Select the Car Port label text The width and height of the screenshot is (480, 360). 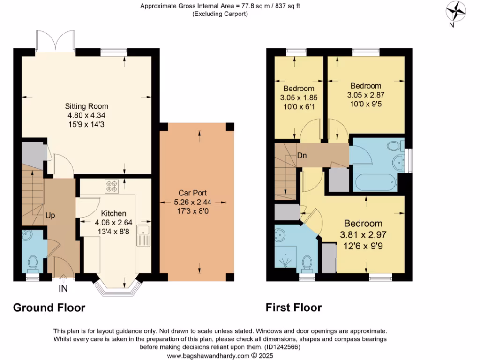pyautogui.click(x=193, y=193)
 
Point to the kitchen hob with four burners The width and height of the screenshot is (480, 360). pyautogui.click(x=112, y=187)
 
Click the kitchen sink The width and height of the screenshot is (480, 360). pyautogui.click(x=142, y=235)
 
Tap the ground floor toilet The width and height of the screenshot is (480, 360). pyautogui.click(x=33, y=263)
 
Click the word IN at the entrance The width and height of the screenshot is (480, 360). pyautogui.click(x=63, y=289)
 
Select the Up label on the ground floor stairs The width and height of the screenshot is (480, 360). pyautogui.click(x=50, y=216)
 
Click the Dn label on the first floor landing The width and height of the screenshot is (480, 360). pyautogui.click(x=302, y=156)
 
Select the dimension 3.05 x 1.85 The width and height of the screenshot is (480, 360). pyautogui.click(x=299, y=97)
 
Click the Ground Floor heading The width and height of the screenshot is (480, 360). pyautogui.click(x=49, y=307)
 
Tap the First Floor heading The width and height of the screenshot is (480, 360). pyautogui.click(x=293, y=307)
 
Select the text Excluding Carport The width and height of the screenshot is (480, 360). pyautogui.click(x=220, y=14)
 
